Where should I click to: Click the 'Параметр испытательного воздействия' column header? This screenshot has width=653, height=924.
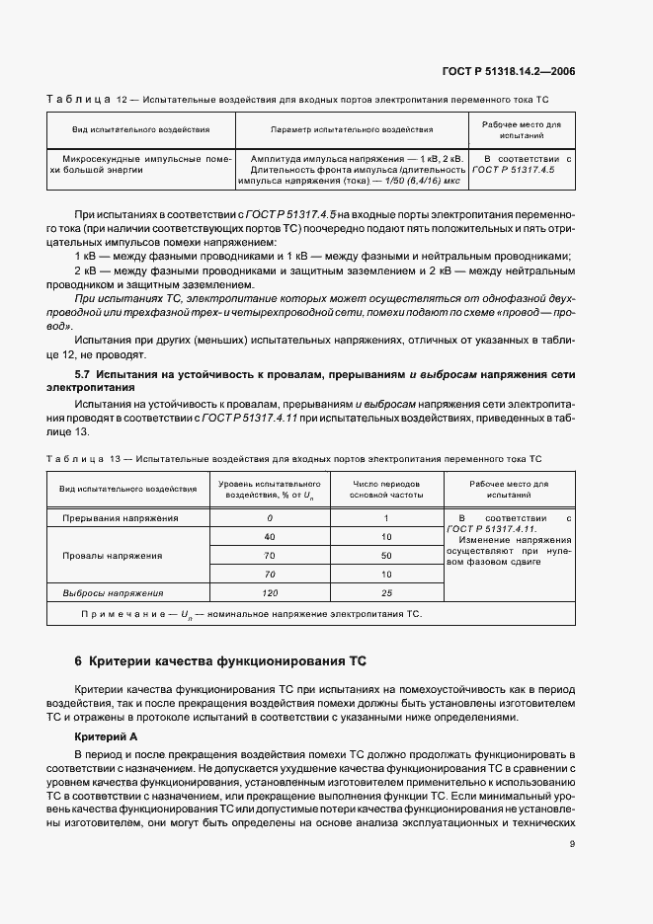[x=352, y=129]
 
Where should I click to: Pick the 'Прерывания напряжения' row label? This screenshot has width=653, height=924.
[x=121, y=517]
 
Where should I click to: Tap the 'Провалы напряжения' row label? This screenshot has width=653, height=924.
[x=121, y=556]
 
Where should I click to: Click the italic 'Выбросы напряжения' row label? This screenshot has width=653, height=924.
[x=114, y=592]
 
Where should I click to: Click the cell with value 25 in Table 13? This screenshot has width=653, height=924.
[x=386, y=592]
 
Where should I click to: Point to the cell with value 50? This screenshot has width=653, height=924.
[x=386, y=556]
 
